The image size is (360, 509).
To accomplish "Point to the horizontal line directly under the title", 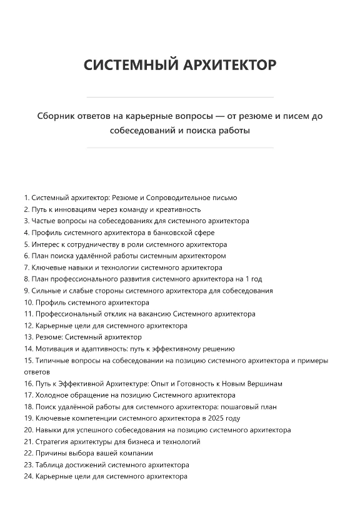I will click(179, 98).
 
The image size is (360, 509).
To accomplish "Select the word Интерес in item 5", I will click(44, 244).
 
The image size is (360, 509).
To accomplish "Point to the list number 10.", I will click(28, 302).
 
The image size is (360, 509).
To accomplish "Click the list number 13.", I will click(28, 337).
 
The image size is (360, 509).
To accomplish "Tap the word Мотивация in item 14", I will click(52, 348).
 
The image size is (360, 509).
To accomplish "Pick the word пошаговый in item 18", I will click(241, 406).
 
